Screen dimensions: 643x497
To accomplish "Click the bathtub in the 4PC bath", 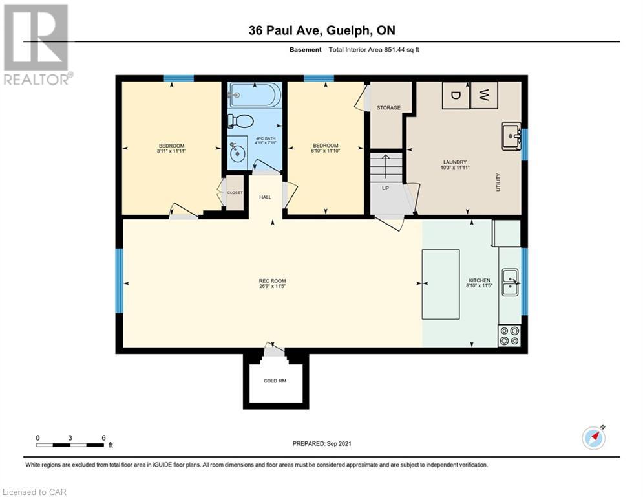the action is click(255, 95).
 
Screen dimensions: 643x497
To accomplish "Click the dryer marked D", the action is click(455, 95).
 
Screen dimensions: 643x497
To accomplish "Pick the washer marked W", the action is click(484, 95).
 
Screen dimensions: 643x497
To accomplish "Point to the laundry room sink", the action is click(511, 135).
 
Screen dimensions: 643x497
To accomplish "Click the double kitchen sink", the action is click(511, 282).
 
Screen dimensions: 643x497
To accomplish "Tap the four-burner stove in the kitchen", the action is click(509, 336).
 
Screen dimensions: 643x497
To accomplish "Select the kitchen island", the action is click(441, 284).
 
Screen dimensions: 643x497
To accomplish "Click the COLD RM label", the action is click(275, 381).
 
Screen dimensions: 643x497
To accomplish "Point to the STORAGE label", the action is click(388, 107).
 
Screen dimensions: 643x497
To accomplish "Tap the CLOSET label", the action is click(235, 193).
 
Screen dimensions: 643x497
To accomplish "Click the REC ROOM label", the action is click(272, 281).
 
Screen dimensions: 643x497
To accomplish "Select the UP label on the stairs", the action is click(385, 188).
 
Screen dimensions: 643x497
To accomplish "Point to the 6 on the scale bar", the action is click(104, 438).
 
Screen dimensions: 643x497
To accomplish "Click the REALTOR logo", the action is click(37, 45).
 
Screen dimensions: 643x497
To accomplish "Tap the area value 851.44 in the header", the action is click(395, 50).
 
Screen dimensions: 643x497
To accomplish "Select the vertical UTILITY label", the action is click(498, 182).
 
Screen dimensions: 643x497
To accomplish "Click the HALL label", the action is click(266, 197).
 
